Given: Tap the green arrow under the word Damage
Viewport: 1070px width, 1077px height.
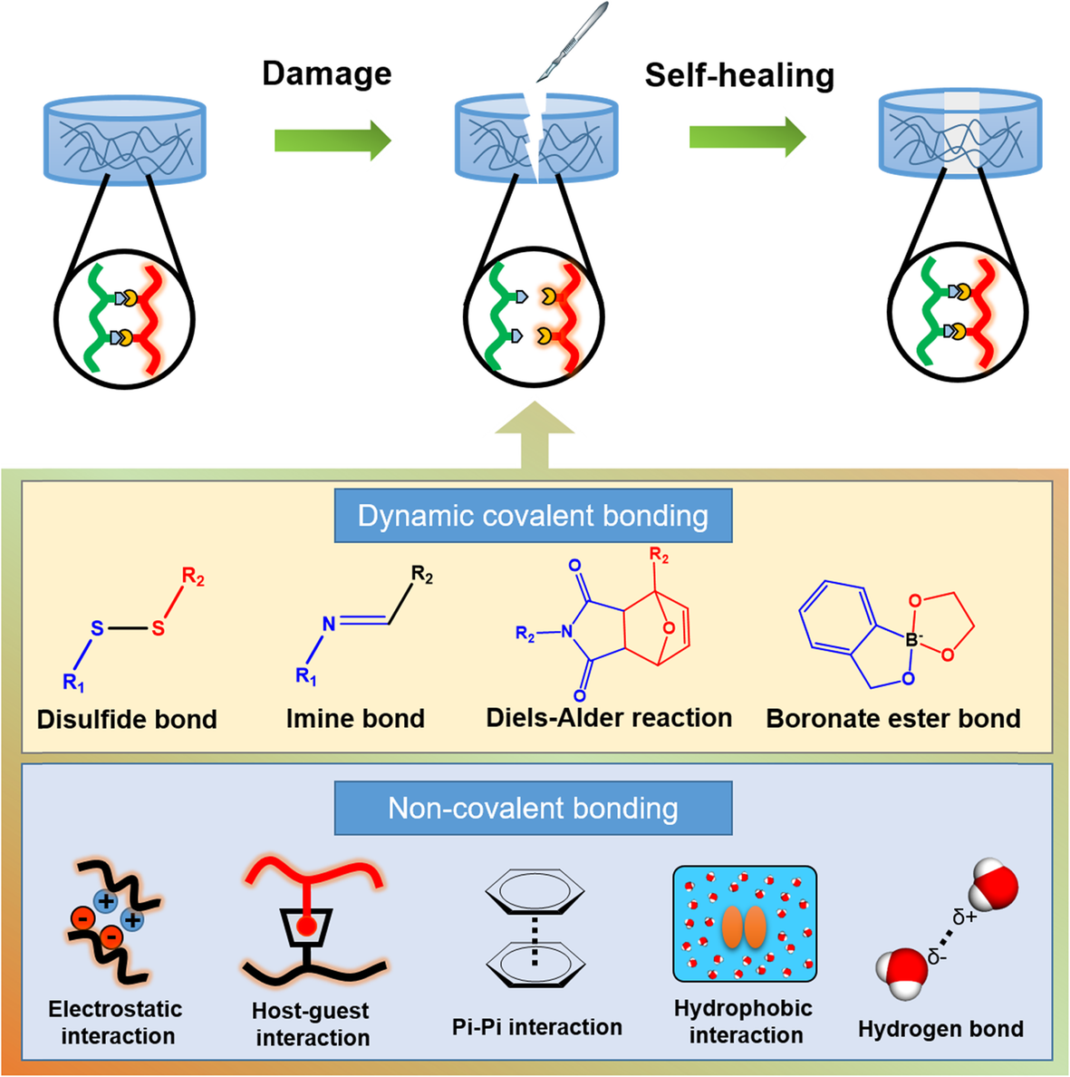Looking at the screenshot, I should [332, 141].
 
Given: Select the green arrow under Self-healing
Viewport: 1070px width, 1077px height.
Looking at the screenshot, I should [747, 137].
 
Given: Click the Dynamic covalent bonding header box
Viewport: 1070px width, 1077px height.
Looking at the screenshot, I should [533, 516].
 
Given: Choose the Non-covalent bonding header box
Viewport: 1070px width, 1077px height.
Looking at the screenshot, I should [533, 808].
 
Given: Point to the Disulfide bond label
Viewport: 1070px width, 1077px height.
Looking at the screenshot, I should [127, 719].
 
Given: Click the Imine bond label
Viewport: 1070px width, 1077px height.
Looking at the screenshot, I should [355, 719].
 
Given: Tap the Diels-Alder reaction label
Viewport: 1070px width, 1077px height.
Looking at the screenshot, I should [609, 718].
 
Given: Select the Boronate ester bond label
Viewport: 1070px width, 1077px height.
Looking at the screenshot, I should [893, 719].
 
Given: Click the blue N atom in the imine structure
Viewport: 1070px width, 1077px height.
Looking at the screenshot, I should [329, 624].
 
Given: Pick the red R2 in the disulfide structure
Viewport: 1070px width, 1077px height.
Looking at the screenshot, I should [193, 577].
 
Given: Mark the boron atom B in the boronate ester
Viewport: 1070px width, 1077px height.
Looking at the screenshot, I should [912, 641].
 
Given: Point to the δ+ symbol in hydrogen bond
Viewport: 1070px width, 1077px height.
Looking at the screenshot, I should [964, 917].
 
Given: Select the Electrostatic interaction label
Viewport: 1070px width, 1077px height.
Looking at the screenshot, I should [115, 1023].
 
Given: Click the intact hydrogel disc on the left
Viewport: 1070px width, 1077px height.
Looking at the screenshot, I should [125, 141].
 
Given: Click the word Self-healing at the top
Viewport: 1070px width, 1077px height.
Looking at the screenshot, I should [739, 75].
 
